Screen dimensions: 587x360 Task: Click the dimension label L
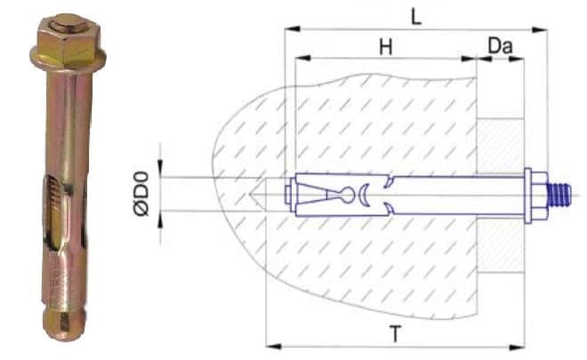pos(416,17)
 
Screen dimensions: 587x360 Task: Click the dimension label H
pos(386,47)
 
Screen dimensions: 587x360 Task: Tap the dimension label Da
pos(500,46)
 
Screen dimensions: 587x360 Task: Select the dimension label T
pos(395,334)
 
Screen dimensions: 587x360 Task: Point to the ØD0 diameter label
pos(142,194)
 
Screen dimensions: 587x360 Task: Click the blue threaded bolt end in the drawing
pos(559,195)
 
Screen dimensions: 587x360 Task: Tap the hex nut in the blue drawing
pos(540,195)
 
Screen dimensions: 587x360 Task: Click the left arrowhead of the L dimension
pos(293,28)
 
